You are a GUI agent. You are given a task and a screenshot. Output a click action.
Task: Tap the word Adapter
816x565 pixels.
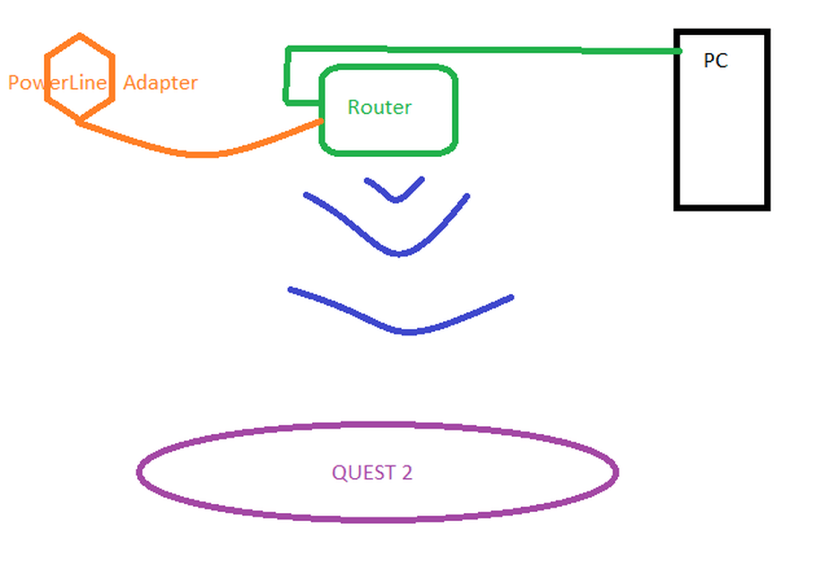(x=160, y=83)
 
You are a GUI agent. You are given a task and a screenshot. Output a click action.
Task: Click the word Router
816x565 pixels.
(x=379, y=108)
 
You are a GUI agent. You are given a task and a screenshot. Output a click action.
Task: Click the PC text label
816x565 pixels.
(x=715, y=61)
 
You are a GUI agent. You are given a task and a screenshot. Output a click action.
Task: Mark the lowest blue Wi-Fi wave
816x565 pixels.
(x=408, y=331)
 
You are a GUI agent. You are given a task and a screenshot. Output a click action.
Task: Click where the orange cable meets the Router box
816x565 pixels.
(x=322, y=121)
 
